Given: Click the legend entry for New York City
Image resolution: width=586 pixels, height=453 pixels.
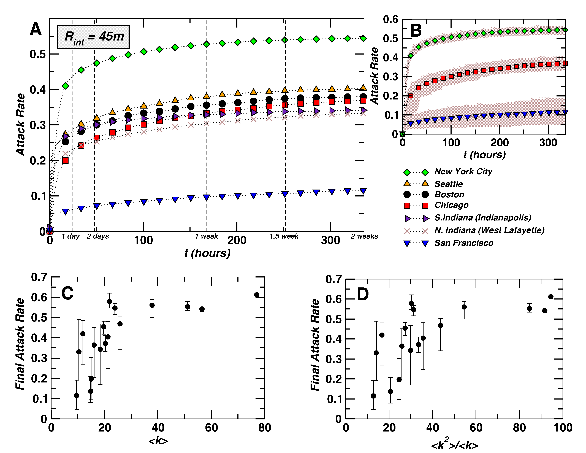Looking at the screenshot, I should (463, 171).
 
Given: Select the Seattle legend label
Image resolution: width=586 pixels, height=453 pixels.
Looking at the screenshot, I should (448, 184).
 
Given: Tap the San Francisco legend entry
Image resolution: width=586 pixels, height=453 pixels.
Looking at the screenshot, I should (464, 243).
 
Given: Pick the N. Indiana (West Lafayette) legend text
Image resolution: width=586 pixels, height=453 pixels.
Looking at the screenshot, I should (489, 230).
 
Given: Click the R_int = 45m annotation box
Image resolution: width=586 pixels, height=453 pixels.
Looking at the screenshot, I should (93, 37).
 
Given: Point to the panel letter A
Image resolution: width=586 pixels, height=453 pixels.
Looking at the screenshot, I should (36, 29).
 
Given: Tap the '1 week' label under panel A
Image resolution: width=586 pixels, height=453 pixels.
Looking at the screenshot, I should (206, 236).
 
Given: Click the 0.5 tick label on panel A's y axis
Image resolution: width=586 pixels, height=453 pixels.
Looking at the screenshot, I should (38, 54).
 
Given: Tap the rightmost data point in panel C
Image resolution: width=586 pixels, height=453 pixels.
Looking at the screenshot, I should (257, 295).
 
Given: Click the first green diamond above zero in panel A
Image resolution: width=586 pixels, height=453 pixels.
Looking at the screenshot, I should (65, 86).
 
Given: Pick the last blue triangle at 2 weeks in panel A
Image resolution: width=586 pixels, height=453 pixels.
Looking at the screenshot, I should (363, 191).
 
